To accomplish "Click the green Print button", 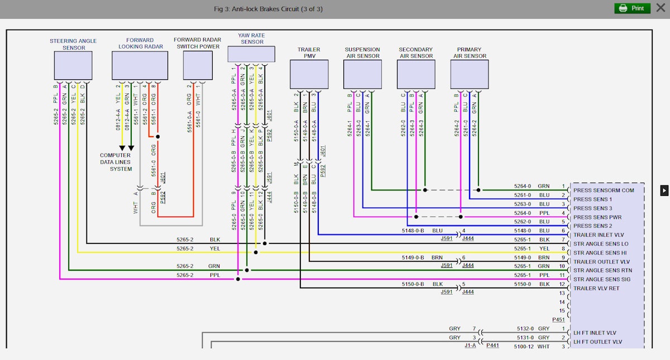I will (632, 8).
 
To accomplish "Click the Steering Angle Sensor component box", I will (73, 66).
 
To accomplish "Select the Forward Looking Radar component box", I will (140, 66).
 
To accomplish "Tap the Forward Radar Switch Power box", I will (198, 65).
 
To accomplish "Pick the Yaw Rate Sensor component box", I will (251, 54).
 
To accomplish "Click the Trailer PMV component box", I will (309, 74).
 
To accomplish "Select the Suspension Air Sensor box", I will (362, 74).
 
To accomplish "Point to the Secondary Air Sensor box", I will (416, 74).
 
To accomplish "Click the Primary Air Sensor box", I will (470, 74).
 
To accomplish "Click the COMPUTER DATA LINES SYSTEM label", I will (116, 162).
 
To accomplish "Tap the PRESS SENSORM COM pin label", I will (604, 190).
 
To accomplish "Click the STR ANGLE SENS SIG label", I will (602, 280).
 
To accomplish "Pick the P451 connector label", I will (559, 320).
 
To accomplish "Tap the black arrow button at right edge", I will (664, 190).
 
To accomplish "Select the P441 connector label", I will (492, 346).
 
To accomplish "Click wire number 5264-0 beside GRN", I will (523, 186).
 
